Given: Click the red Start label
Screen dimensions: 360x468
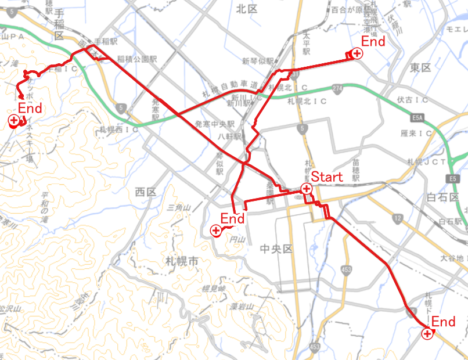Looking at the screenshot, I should click(x=327, y=177).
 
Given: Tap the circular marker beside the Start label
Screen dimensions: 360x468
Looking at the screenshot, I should click(x=306, y=189).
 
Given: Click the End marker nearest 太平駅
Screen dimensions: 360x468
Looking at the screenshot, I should click(x=357, y=54).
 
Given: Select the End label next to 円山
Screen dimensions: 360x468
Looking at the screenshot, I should click(x=232, y=219).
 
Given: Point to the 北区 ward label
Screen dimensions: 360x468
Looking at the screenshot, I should click(x=247, y=9).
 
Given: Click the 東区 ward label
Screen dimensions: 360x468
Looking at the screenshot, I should click(x=420, y=68).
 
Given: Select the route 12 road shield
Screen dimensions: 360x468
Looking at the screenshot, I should click(x=397, y=218).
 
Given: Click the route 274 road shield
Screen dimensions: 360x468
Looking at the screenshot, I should click(x=337, y=88).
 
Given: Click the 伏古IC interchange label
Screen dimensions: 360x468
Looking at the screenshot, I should click(x=413, y=100).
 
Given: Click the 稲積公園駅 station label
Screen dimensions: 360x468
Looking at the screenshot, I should click(x=137, y=59).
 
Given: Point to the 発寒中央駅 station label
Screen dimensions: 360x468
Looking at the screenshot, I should click(x=215, y=124).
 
